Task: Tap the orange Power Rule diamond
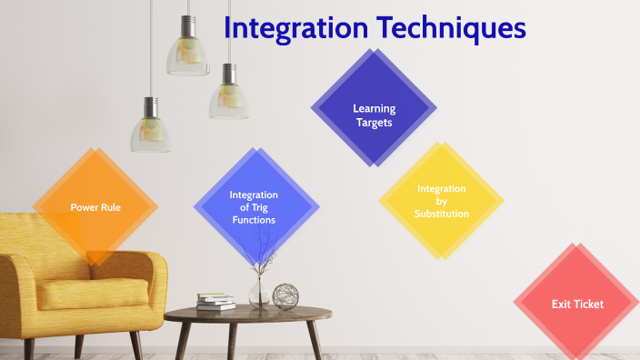[95, 206]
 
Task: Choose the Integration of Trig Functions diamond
[254, 207]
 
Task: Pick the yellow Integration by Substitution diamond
[442, 201]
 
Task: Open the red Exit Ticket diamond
[577, 304]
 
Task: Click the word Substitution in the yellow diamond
[442, 214]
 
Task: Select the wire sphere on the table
[285, 296]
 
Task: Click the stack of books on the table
[215, 302]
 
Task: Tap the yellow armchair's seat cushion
[82, 293]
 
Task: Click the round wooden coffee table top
[245, 315]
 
